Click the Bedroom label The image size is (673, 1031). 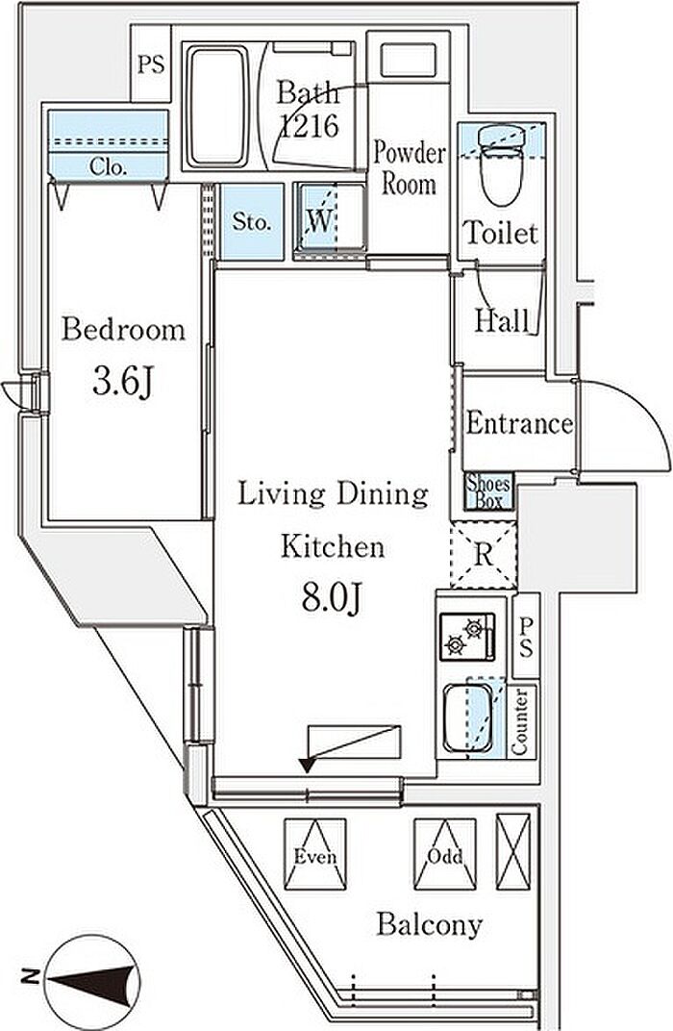(x=123, y=329)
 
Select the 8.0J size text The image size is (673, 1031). (x=332, y=596)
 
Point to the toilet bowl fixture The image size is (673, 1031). (x=503, y=164)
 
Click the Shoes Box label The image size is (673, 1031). (x=488, y=491)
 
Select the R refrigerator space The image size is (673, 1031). (x=484, y=554)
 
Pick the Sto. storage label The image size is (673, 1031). (x=252, y=221)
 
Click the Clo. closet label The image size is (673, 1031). (x=109, y=167)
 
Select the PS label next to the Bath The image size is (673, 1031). (x=151, y=64)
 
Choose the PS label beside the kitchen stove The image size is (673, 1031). (x=526, y=637)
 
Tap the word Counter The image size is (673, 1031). (x=520, y=721)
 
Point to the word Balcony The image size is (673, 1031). (x=430, y=925)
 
